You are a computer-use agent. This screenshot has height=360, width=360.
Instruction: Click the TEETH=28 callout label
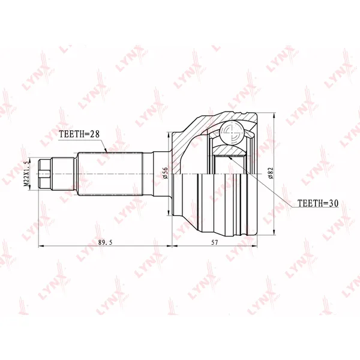79,134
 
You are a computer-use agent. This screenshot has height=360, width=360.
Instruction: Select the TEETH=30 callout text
318,203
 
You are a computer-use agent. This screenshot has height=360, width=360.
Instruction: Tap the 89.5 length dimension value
105,242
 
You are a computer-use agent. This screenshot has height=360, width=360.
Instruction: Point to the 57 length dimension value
214,242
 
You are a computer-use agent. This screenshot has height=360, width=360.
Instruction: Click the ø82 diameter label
271,173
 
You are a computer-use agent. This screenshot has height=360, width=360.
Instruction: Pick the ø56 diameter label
166,173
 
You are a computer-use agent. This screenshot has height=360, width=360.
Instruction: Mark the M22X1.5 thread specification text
26,173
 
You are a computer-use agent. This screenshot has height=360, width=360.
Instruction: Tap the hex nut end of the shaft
44,174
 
